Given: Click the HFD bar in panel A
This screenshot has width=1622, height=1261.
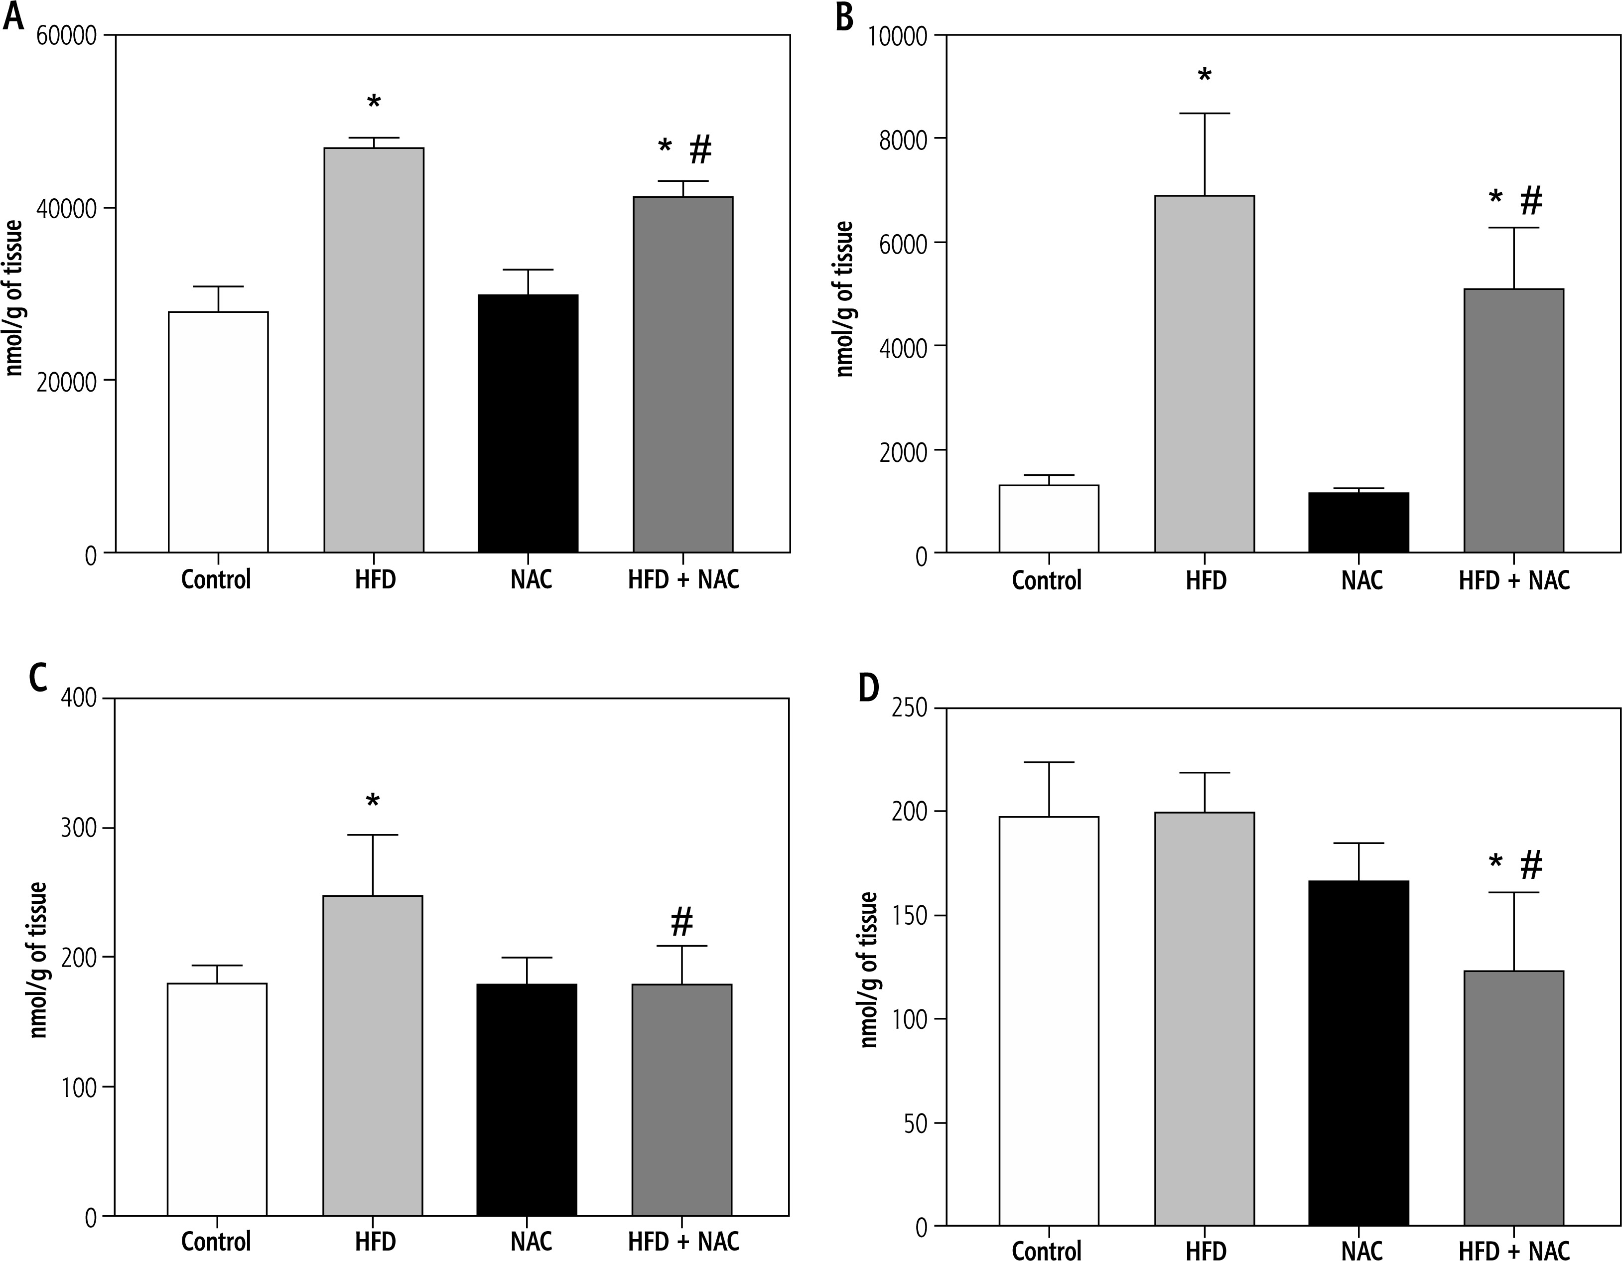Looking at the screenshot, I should pyautogui.click(x=374, y=349).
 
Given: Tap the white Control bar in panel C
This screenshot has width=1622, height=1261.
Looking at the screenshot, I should pyautogui.click(x=217, y=1099).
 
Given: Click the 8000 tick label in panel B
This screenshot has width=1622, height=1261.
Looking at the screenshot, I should pyautogui.click(x=902, y=139).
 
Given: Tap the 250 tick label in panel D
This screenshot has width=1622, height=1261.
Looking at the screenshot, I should pyautogui.click(x=909, y=708).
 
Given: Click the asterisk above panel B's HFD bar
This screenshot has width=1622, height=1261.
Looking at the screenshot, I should pyautogui.click(x=1204, y=76).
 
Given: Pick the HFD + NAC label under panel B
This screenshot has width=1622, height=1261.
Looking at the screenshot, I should pyautogui.click(x=1513, y=579).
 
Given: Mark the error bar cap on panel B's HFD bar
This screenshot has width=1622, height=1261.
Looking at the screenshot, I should pyautogui.click(x=1204, y=114).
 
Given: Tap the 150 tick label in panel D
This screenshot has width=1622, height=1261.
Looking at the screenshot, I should pyautogui.click(x=909, y=916).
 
